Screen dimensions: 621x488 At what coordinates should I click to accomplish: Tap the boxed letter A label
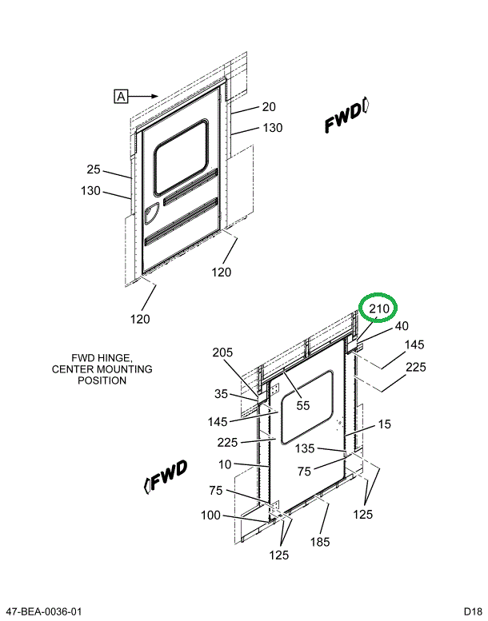(x=121, y=97)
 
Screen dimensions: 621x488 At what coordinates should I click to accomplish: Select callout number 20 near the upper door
(x=269, y=107)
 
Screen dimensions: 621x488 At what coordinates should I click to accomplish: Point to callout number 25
(x=94, y=169)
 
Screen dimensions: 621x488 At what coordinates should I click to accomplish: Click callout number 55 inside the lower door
(x=302, y=406)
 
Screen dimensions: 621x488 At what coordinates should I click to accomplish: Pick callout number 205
(x=223, y=353)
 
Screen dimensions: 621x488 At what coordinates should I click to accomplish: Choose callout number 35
(x=221, y=394)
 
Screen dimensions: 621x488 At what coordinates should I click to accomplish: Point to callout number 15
(x=385, y=425)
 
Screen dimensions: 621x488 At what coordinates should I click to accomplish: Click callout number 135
(x=306, y=448)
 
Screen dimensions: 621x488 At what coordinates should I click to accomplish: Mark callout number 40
(x=401, y=325)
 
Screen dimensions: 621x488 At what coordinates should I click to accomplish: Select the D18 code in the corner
(x=472, y=611)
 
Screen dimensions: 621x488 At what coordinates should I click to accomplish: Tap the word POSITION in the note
(x=102, y=380)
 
